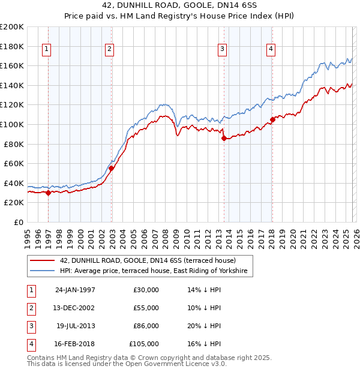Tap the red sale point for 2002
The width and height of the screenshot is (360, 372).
tap(111, 169)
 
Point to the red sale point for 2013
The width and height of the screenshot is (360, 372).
tap(224, 138)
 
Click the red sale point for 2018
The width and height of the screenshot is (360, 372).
tap(272, 119)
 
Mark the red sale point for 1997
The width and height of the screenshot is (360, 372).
tap(49, 193)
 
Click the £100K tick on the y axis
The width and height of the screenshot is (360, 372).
tap(12, 124)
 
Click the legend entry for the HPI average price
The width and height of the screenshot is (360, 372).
tap(156, 272)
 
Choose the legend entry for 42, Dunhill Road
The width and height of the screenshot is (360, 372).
tap(148, 261)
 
